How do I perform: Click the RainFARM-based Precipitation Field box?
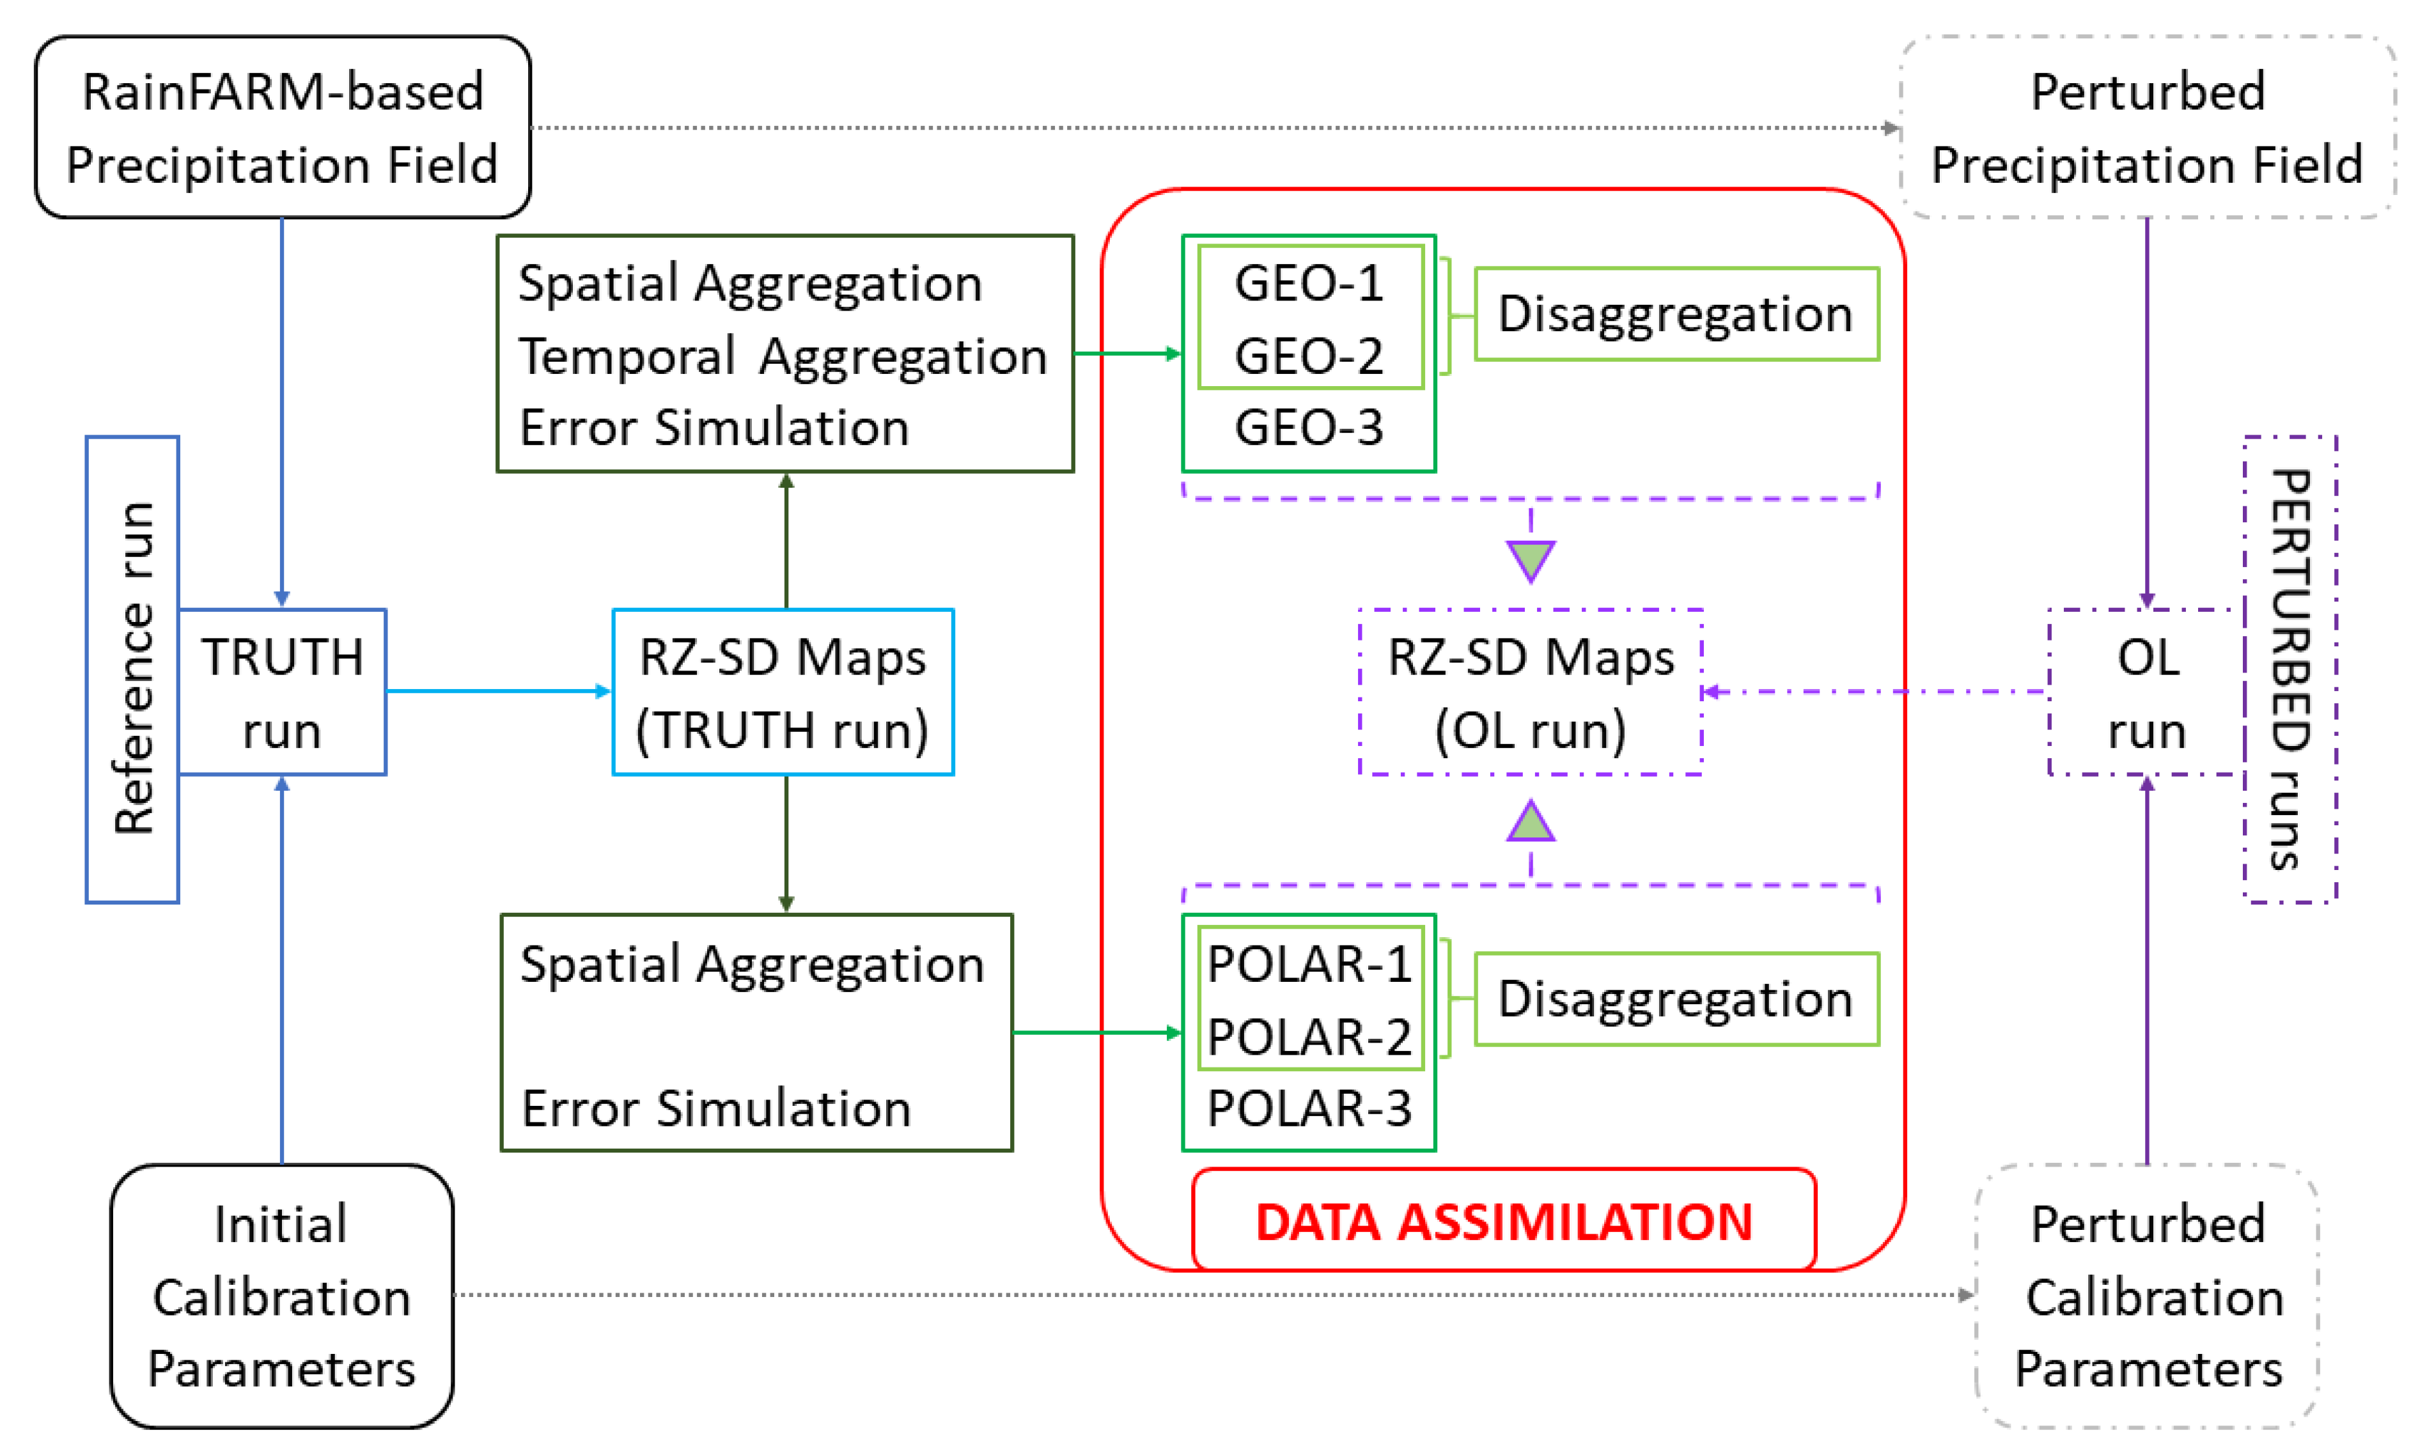point(283,127)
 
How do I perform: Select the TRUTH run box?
point(283,692)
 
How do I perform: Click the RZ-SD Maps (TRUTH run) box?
point(783,692)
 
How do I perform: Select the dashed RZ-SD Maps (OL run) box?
point(1531,692)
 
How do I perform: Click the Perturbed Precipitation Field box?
point(2147,127)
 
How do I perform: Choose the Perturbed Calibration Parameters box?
point(2147,1296)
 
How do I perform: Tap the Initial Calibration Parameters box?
point(282,1296)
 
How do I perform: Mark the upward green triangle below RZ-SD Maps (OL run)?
point(1531,823)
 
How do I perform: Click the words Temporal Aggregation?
point(783,355)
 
